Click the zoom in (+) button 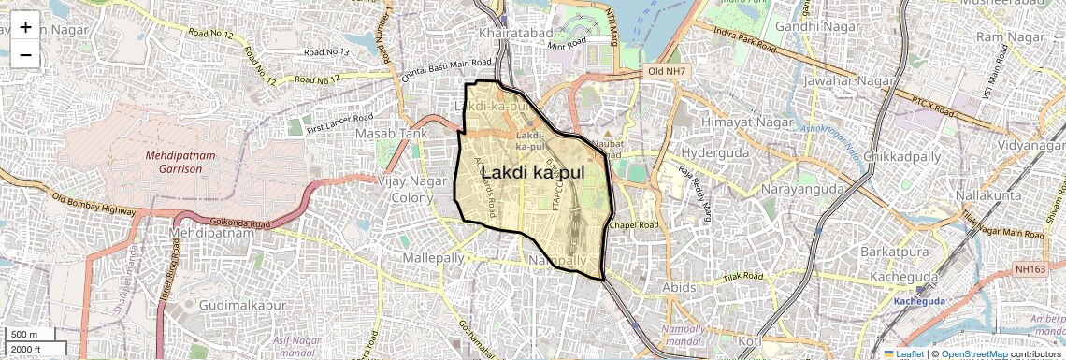click(x=25, y=26)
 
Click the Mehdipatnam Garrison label click(x=174, y=162)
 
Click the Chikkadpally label click(x=903, y=156)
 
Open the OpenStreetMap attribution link click(x=973, y=353)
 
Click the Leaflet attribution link click(x=908, y=353)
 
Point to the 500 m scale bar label click(x=24, y=335)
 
